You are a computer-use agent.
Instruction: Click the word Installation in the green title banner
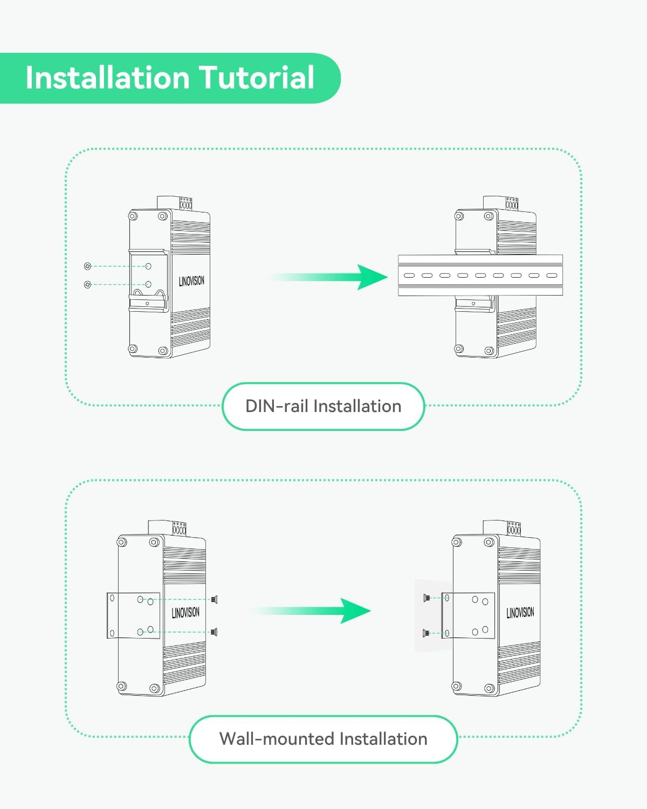106,78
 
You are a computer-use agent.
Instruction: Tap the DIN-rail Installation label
323,406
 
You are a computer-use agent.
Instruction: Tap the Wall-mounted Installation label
323,739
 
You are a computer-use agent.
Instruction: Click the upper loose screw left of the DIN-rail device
88,266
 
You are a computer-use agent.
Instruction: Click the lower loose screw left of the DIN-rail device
88,284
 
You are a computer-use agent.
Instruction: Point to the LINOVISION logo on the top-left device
191,281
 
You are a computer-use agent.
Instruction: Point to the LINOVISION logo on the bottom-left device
185,613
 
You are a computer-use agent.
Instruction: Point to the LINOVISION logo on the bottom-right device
520,613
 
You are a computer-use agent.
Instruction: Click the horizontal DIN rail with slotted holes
480,275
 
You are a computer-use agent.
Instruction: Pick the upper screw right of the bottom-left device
215,599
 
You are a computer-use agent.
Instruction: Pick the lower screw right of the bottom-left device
215,632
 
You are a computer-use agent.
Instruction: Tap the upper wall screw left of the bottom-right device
426,598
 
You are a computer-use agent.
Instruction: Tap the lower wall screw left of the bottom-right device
426,633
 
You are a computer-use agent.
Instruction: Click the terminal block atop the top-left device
185,204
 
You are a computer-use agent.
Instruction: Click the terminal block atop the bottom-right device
513,529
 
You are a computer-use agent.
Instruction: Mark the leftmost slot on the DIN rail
409,275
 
